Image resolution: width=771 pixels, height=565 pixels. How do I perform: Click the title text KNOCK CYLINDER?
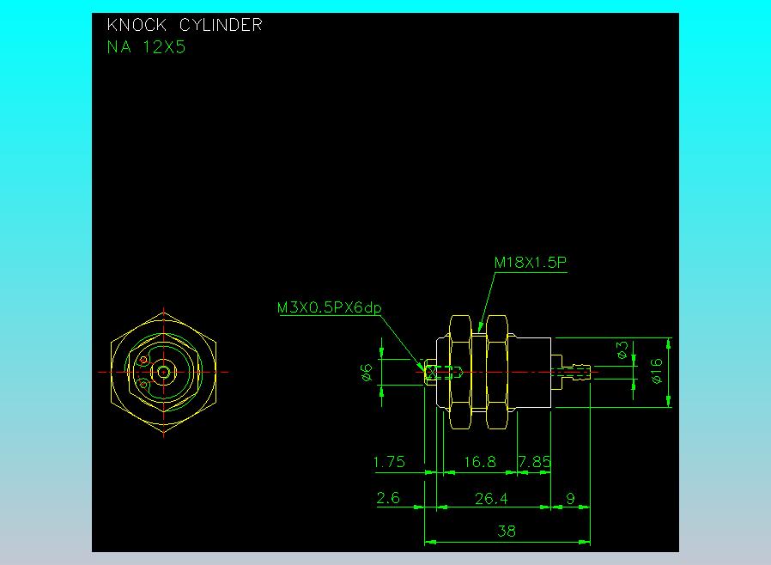click(184, 26)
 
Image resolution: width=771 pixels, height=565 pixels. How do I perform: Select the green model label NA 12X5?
click(146, 47)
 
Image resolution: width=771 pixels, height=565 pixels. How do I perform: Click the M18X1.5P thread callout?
click(531, 262)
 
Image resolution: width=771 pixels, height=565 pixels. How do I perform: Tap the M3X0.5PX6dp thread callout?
click(329, 307)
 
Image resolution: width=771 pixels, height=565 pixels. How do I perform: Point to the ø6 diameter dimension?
click(367, 372)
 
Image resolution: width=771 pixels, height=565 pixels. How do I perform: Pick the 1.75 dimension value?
click(389, 462)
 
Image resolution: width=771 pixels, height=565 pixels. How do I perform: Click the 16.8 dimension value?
click(479, 462)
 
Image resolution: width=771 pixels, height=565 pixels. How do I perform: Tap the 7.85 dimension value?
click(534, 462)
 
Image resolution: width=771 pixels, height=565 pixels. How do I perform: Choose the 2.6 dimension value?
click(388, 498)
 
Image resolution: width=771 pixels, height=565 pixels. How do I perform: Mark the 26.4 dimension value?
click(491, 498)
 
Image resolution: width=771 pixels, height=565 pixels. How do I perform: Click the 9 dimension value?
click(571, 498)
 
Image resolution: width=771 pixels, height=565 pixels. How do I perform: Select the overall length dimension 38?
click(507, 532)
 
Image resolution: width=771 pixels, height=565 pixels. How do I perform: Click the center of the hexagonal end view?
click(163, 372)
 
